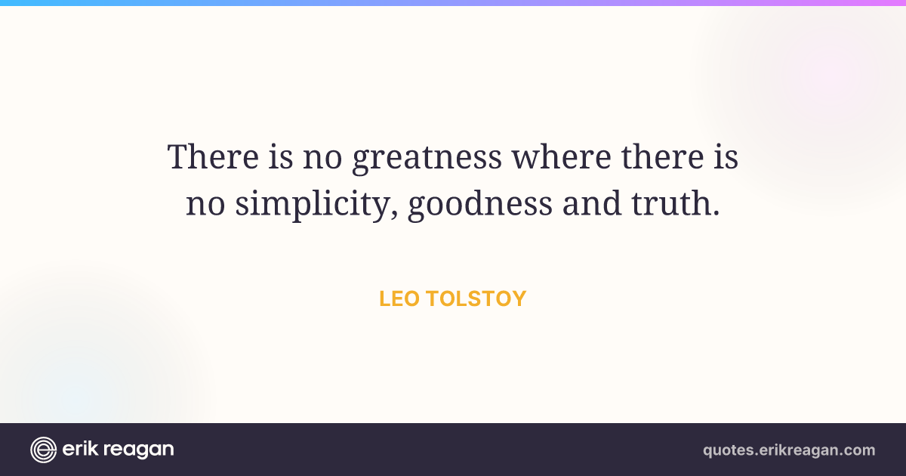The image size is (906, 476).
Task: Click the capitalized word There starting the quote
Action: pos(213,156)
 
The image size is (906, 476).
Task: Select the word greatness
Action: pos(427,158)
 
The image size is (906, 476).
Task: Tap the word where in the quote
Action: pos(562,156)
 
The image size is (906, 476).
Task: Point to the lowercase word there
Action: pos(663,156)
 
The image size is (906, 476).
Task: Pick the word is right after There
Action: pos(281,156)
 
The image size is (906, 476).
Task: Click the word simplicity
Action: pos(312,205)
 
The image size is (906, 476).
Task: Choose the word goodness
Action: pos(480,205)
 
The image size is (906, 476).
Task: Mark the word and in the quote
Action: pos(592,202)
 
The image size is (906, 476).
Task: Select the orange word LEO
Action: pos(399,298)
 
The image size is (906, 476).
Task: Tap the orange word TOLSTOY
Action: pos(476,298)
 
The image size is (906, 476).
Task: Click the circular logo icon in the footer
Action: pos(43,450)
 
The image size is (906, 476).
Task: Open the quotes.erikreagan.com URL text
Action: pos(789,450)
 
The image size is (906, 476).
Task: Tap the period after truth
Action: pos(716,212)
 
